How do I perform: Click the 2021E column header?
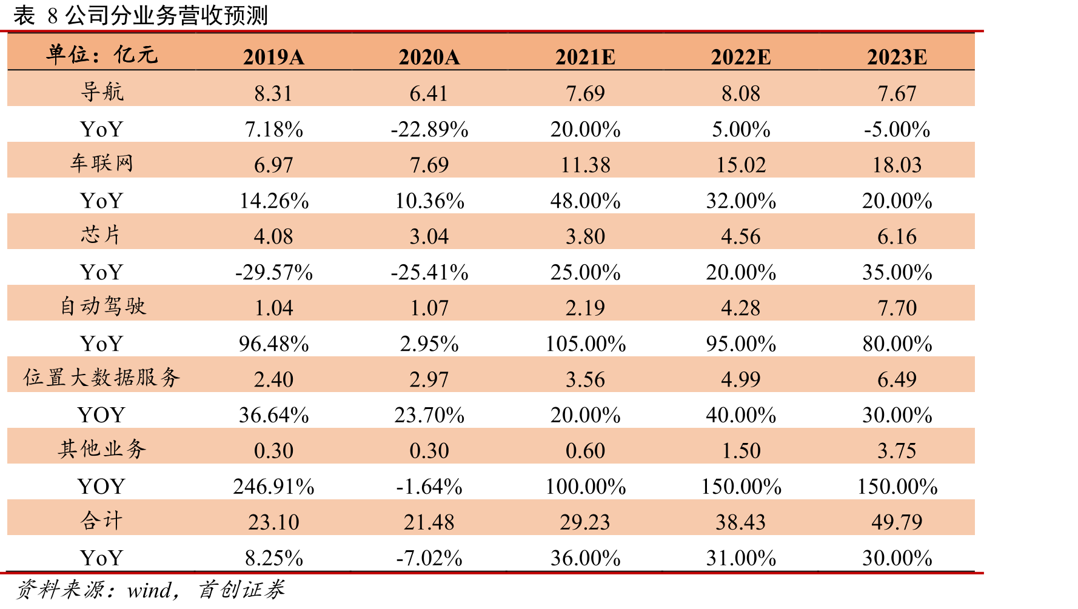(585, 57)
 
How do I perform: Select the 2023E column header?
(897, 57)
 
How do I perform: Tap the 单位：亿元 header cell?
(102, 55)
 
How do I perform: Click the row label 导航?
(102, 92)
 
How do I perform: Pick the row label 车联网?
(102, 164)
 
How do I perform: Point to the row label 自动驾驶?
(102, 307)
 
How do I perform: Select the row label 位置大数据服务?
(102, 378)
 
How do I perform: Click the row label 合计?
(102, 521)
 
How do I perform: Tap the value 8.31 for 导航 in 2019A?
(273, 93)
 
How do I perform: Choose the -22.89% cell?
(429, 129)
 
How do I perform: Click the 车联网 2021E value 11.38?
(585, 165)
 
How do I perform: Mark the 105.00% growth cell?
(585, 344)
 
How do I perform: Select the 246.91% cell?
(273, 486)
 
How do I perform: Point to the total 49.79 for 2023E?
(897, 522)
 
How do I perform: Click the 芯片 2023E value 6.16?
(897, 236)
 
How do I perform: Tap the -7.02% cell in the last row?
(429, 557)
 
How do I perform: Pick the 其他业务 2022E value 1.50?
(741, 450)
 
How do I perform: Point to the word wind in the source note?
(149, 590)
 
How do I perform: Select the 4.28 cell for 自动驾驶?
(741, 308)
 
